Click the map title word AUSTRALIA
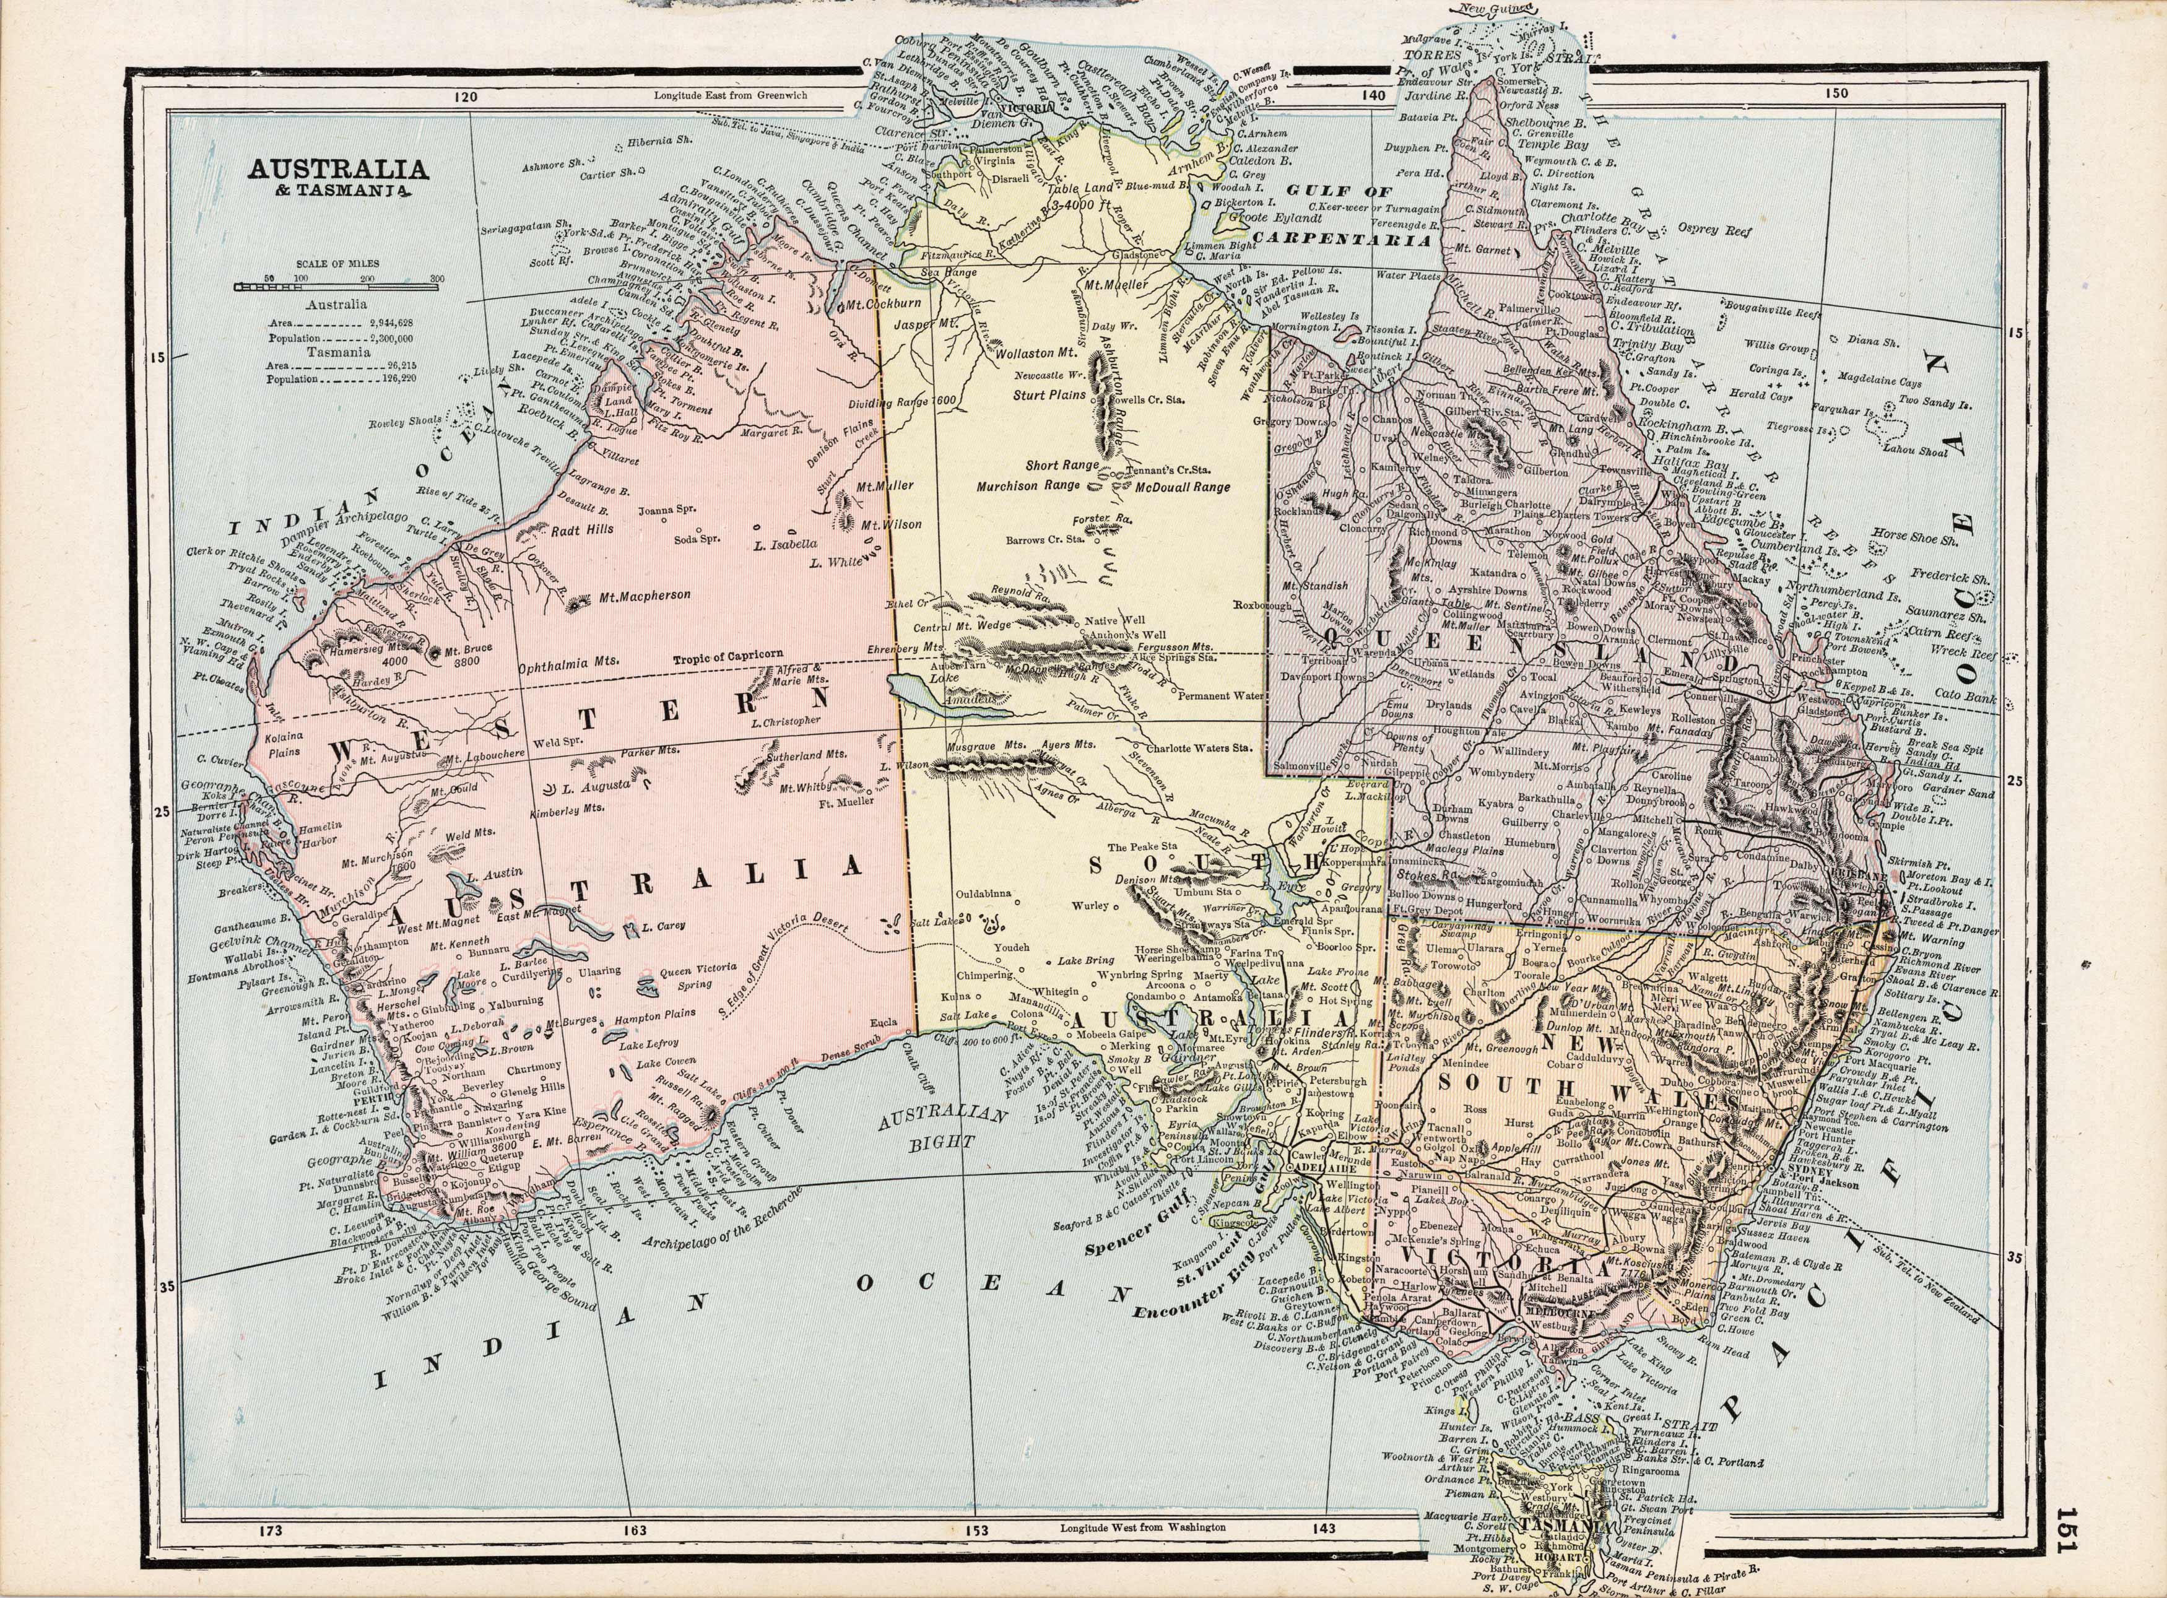pos(337,169)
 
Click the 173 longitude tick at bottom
pos(271,1531)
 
